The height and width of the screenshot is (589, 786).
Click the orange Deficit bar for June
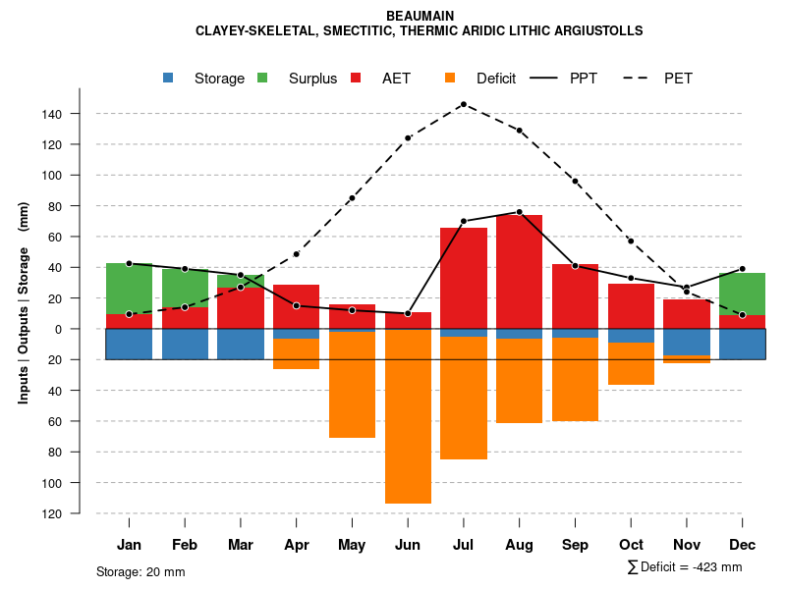408,416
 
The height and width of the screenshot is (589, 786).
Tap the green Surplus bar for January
129,289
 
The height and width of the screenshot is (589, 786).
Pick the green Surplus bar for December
742,294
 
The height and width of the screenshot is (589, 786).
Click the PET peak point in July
463,104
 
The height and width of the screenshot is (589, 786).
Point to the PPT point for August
520,212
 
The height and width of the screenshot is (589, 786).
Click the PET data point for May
352,198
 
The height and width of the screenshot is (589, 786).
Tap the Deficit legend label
495,79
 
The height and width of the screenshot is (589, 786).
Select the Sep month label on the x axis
576,545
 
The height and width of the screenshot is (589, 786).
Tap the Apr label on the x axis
297,545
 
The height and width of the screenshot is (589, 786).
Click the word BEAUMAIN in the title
420,17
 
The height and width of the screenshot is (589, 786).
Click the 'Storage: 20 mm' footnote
140,571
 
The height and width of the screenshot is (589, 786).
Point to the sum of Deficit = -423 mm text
684,567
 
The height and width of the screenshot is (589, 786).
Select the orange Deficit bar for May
352,385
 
